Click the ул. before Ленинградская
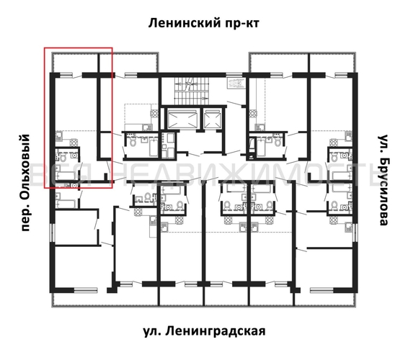pyautogui.click(x=151, y=330)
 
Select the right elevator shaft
pyautogui.click(x=213, y=117)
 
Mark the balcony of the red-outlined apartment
pyautogui.click(x=79, y=61)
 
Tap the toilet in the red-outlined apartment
pyautogui.click(x=63, y=156)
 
